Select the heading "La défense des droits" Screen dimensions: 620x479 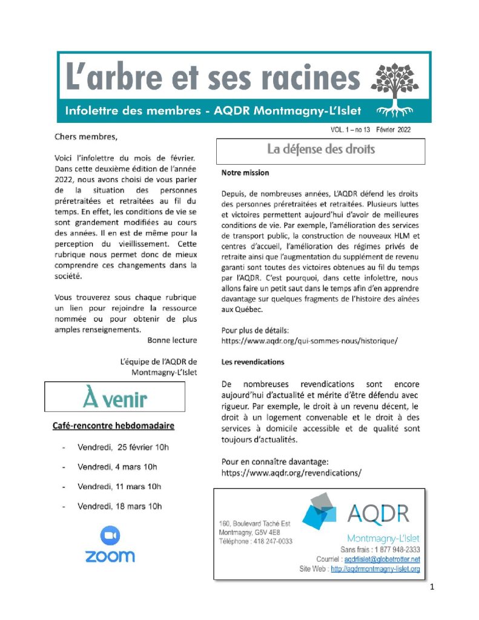pyautogui.click(x=321, y=149)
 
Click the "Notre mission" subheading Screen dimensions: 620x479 pyautogui.click(x=245, y=173)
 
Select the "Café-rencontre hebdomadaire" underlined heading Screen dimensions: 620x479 pyautogui.click(x=114, y=426)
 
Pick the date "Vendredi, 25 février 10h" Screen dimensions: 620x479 pyautogui.click(x=123, y=447)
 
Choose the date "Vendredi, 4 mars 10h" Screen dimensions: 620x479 pyautogui.click(x=117, y=467)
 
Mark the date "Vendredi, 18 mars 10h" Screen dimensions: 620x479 pyautogui.click(x=119, y=506)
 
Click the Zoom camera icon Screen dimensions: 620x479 pyautogui.click(x=110, y=535)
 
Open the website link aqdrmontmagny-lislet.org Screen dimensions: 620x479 pyautogui.click(x=375, y=569)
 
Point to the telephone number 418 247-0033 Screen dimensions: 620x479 pyautogui.click(x=272, y=541)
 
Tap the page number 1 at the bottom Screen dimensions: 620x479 pyautogui.click(x=432, y=587)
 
